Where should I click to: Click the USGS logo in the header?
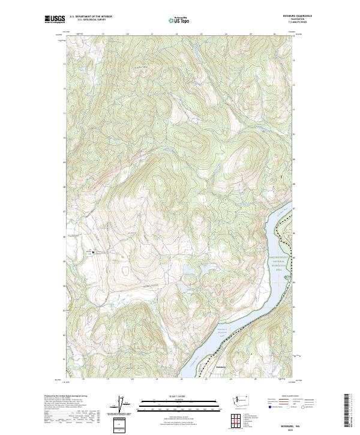tap(55, 19)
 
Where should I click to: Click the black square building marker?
tap(94, 253)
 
